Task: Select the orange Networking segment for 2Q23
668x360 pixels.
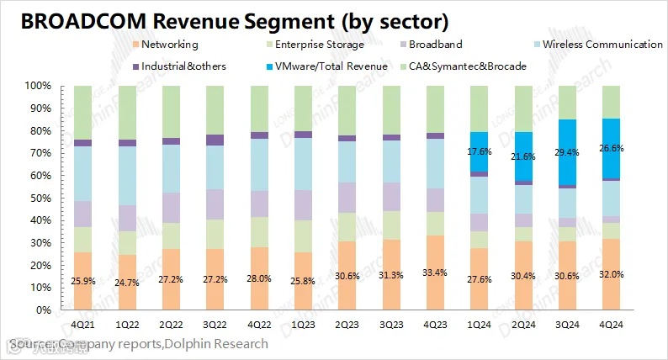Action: [x=347, y=276]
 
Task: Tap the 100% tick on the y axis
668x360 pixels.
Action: [x=40, y=86]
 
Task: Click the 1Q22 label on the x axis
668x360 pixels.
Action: [x=127, y=325]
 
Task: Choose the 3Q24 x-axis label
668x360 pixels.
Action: [x=568, y=325]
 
